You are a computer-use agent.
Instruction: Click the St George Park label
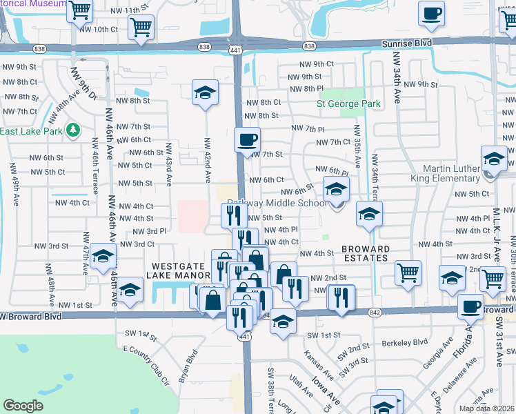[x=348, y=104]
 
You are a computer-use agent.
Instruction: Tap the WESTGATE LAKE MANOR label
[x=176, y=270]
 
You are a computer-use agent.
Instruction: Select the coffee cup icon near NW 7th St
[x=247, y=140]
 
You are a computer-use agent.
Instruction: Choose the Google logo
[x=23, y=406]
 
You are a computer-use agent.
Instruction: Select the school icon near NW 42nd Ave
[x=205, y=93]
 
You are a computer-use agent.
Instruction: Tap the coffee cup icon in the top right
[x=431, y=13]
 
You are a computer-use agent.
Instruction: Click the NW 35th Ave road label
[x=357, y=146]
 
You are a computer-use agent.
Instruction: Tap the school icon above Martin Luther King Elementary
[x=494, y=159]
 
